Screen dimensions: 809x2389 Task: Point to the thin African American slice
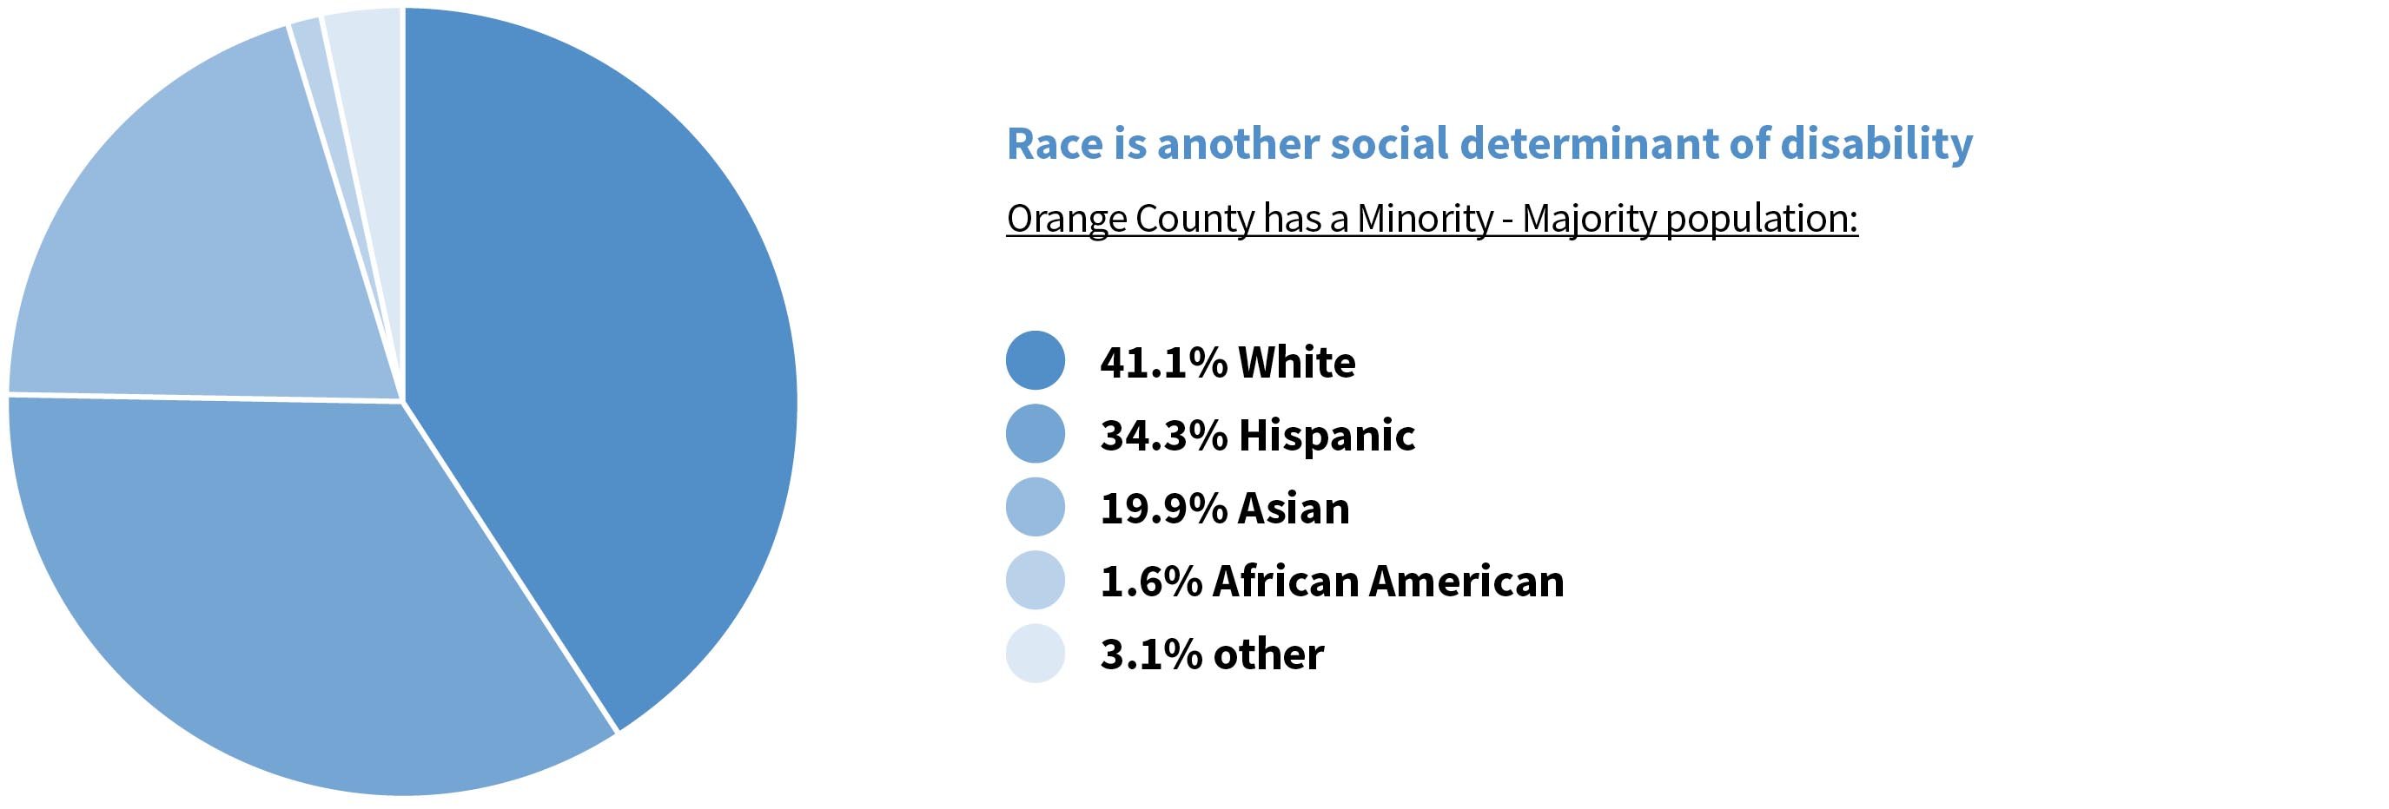[x=320, y=83]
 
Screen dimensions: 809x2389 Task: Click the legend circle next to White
[x=1035, y=360]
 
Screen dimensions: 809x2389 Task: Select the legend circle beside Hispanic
[x=1035, y=434]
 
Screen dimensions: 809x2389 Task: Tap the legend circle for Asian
[x=1035, y=507]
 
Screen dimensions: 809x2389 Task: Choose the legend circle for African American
[x=1035, y=580]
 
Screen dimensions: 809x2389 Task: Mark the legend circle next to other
[x=1035, y=654]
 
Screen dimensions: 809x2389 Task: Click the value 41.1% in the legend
[x=1163, y=362]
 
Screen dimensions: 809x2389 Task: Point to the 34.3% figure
[x=1163, y=436]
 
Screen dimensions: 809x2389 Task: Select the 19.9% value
[x=1163, y=509]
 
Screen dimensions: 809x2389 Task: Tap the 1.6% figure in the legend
[x=1150, y=582]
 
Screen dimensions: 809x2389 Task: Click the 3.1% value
[x=1150, y=655]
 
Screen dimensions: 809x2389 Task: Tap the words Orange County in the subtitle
[x=1129, y=220]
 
